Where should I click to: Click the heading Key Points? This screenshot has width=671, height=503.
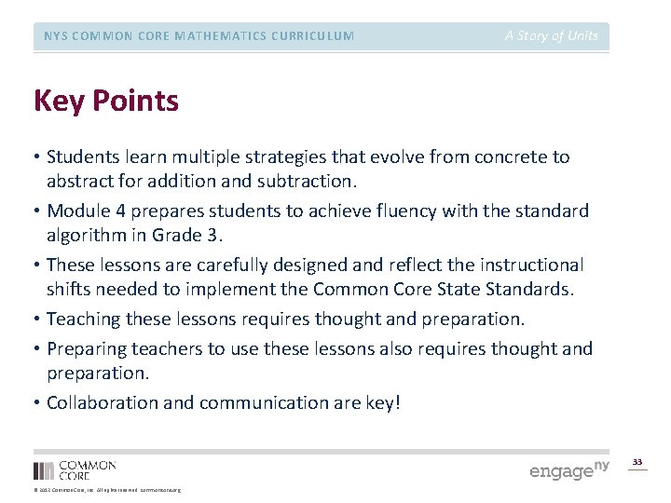[105, 101]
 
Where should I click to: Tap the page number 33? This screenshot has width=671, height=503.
[637, 462]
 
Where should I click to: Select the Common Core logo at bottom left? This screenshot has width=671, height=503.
[75, 469]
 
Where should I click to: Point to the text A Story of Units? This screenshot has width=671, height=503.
[552, 36]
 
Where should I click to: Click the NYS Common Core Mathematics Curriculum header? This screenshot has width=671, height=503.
[199, 36]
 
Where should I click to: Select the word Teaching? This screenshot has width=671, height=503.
[83, 319]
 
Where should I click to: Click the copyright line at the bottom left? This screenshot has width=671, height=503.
[107, 490]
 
